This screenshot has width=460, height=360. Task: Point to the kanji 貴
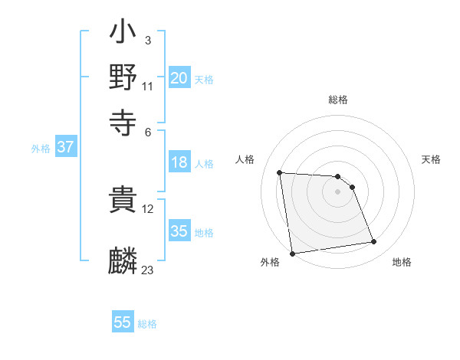click(x=123, y=201)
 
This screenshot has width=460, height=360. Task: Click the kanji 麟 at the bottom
click(x=123, y=260)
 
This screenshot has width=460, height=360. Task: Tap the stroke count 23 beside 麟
click(x=147, y=270)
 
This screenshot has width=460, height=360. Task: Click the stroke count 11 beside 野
click(x=147, y=86)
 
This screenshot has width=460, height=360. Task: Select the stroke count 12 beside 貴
click(x=147, y=209)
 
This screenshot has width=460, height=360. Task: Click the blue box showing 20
click(x=179, y=78)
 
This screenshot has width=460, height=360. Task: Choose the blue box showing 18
click(x=179, y=162)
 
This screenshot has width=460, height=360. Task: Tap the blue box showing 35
click(x=179, y=231)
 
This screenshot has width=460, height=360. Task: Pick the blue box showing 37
click(x=65, y=148)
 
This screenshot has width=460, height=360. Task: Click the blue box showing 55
click(x=123, y=322)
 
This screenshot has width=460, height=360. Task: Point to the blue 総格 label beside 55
click(x=147, y=324)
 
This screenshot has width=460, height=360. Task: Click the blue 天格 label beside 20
click(x=204, y=79)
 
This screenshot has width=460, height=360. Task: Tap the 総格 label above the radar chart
click(x=337, y=100)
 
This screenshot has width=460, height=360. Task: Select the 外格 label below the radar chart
click(x=269, y=262)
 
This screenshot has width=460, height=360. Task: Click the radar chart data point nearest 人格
click(x=280, y=172)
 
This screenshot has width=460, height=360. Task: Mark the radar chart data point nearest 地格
click(x=374, y=242)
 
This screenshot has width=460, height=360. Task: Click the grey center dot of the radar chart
click(x=337, y=191)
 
